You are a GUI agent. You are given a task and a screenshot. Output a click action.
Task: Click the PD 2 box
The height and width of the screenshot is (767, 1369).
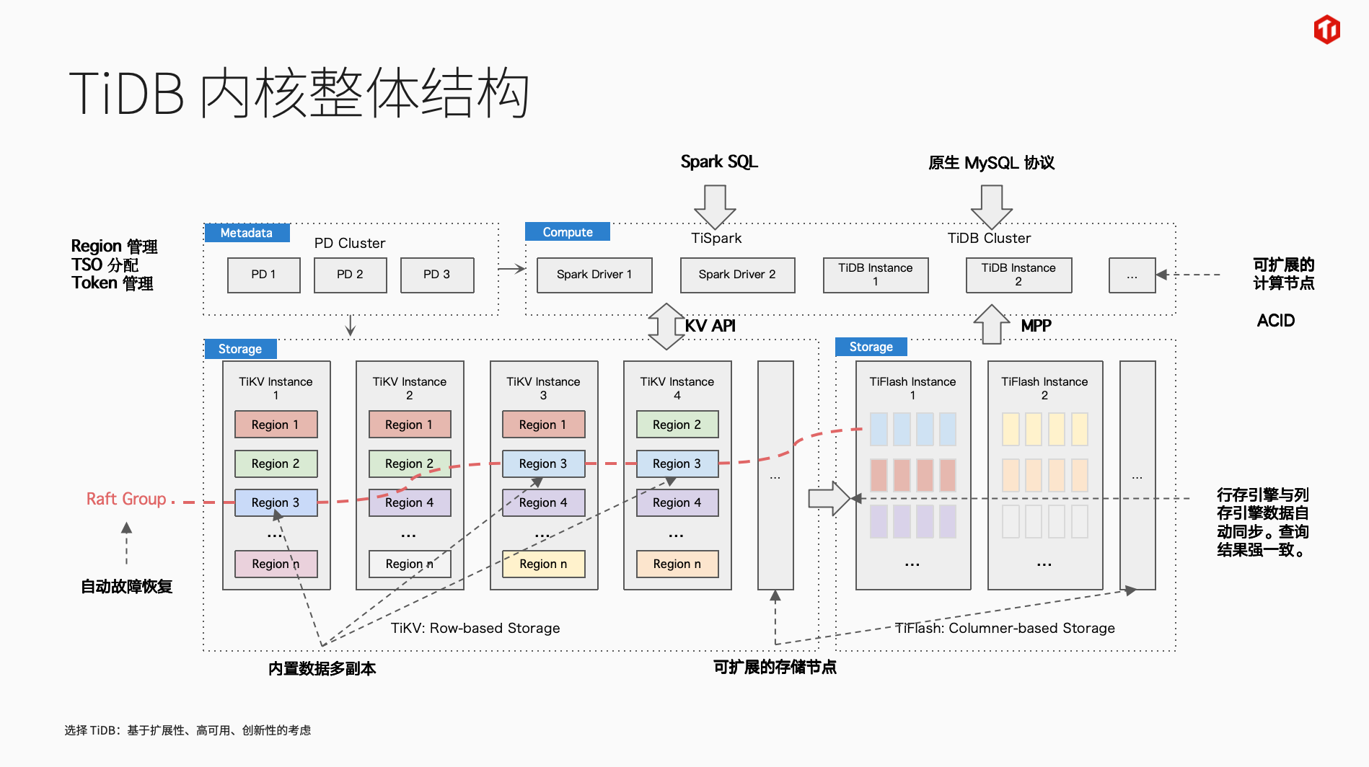click(350, 275)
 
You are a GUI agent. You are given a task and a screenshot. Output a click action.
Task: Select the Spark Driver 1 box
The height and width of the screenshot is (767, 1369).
click(594, 275)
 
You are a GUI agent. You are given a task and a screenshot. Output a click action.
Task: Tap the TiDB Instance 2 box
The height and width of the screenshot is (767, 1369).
click(1018, 275)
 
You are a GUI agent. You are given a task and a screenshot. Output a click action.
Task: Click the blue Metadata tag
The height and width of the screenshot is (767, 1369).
click(247, 233)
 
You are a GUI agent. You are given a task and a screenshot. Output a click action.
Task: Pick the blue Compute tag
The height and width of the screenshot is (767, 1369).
click(568, 232)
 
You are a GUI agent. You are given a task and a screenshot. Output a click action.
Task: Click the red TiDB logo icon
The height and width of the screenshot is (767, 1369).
click(1326, 30)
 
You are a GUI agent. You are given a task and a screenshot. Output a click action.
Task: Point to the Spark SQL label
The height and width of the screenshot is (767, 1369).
click(719, 162)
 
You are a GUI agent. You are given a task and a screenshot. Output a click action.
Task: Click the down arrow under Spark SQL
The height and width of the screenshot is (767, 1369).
click(715, 206)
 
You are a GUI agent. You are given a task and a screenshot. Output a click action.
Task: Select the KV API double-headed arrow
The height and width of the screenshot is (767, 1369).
click(666, 326)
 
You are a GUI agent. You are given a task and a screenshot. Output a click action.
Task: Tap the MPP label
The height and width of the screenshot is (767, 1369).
click(1036, 326)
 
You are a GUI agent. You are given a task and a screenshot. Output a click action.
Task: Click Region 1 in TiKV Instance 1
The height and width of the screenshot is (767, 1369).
click(276, 425)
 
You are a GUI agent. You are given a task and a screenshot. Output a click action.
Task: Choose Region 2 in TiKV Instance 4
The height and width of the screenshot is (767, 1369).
click(677, 425)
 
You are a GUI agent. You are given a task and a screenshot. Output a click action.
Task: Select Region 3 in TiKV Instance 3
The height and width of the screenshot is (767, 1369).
click(543, 464)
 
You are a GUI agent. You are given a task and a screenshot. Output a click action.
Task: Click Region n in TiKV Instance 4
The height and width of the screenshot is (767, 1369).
click(677, 564)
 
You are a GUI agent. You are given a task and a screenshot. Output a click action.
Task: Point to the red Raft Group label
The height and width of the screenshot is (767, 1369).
click(126, 499)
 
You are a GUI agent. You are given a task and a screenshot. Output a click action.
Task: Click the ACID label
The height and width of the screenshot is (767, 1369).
click(1275, 321)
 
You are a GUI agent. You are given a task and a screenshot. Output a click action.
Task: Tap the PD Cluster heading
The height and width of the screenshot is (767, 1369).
click(350, 243)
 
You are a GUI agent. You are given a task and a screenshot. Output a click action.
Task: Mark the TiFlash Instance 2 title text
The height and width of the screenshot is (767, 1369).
click(1044, 388)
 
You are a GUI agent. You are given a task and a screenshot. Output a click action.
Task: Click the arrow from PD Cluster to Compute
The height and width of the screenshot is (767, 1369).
click(511, 269)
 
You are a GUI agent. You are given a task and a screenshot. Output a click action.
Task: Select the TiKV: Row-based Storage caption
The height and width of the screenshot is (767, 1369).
click(475, 628)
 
